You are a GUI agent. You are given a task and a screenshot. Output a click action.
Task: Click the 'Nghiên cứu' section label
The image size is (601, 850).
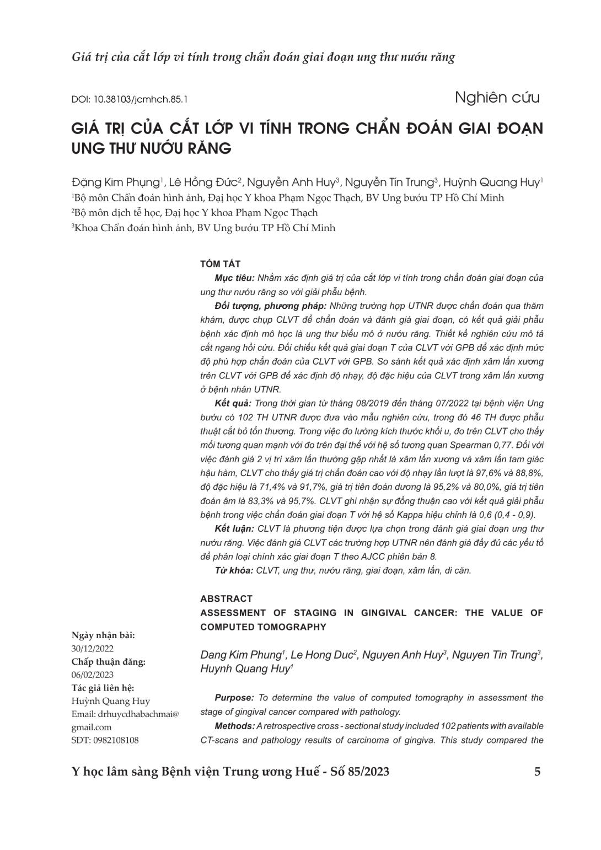[497, 98]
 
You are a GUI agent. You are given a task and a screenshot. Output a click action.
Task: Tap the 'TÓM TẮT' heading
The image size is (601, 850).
[221, 264]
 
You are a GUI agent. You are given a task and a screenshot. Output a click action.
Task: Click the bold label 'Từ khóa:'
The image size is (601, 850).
[234, 570]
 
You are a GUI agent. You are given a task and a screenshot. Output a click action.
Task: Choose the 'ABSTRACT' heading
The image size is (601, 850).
[227, 598]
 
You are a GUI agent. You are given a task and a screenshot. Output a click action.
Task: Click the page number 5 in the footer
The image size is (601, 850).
[538, 772]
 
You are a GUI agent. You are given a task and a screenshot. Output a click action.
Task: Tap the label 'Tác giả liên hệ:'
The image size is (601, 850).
[103, 688]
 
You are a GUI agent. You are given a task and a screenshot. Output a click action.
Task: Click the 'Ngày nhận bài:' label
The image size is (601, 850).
[103, 635]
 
